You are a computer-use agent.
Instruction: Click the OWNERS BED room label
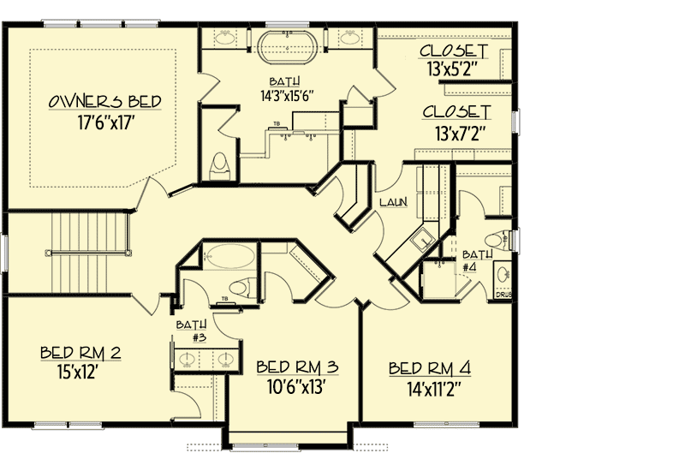coord(104,101)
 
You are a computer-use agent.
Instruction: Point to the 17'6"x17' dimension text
coord(104,123)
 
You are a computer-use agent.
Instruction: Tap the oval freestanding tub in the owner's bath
coord(287,47)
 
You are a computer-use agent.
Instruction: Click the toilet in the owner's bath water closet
coord(219,165)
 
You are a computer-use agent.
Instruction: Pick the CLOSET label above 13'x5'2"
coord(453,51)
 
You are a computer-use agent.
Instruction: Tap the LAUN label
coord(394,202)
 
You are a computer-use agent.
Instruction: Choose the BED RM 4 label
coord(430,368)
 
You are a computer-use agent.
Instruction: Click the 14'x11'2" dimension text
coord(435,390)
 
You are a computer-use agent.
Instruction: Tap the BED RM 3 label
coord(297,367)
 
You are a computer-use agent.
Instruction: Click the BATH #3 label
coord(192,331)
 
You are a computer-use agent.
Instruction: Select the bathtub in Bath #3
coord(229,257)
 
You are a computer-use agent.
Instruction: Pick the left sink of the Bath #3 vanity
coord(188,360)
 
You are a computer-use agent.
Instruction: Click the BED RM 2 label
coord(80,353)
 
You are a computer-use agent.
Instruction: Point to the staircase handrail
coord(88,253)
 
